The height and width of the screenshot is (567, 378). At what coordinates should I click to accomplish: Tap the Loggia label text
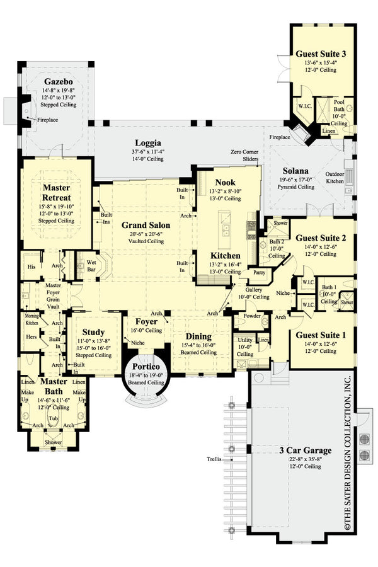tap(149, 143)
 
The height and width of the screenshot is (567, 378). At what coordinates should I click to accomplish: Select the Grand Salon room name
tap(144, 225)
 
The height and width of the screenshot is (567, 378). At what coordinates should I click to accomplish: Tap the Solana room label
tap(295, 171)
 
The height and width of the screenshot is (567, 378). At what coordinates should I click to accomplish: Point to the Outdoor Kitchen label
tap(335, 178)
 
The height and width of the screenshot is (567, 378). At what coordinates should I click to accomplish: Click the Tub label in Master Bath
tap(54, 418)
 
